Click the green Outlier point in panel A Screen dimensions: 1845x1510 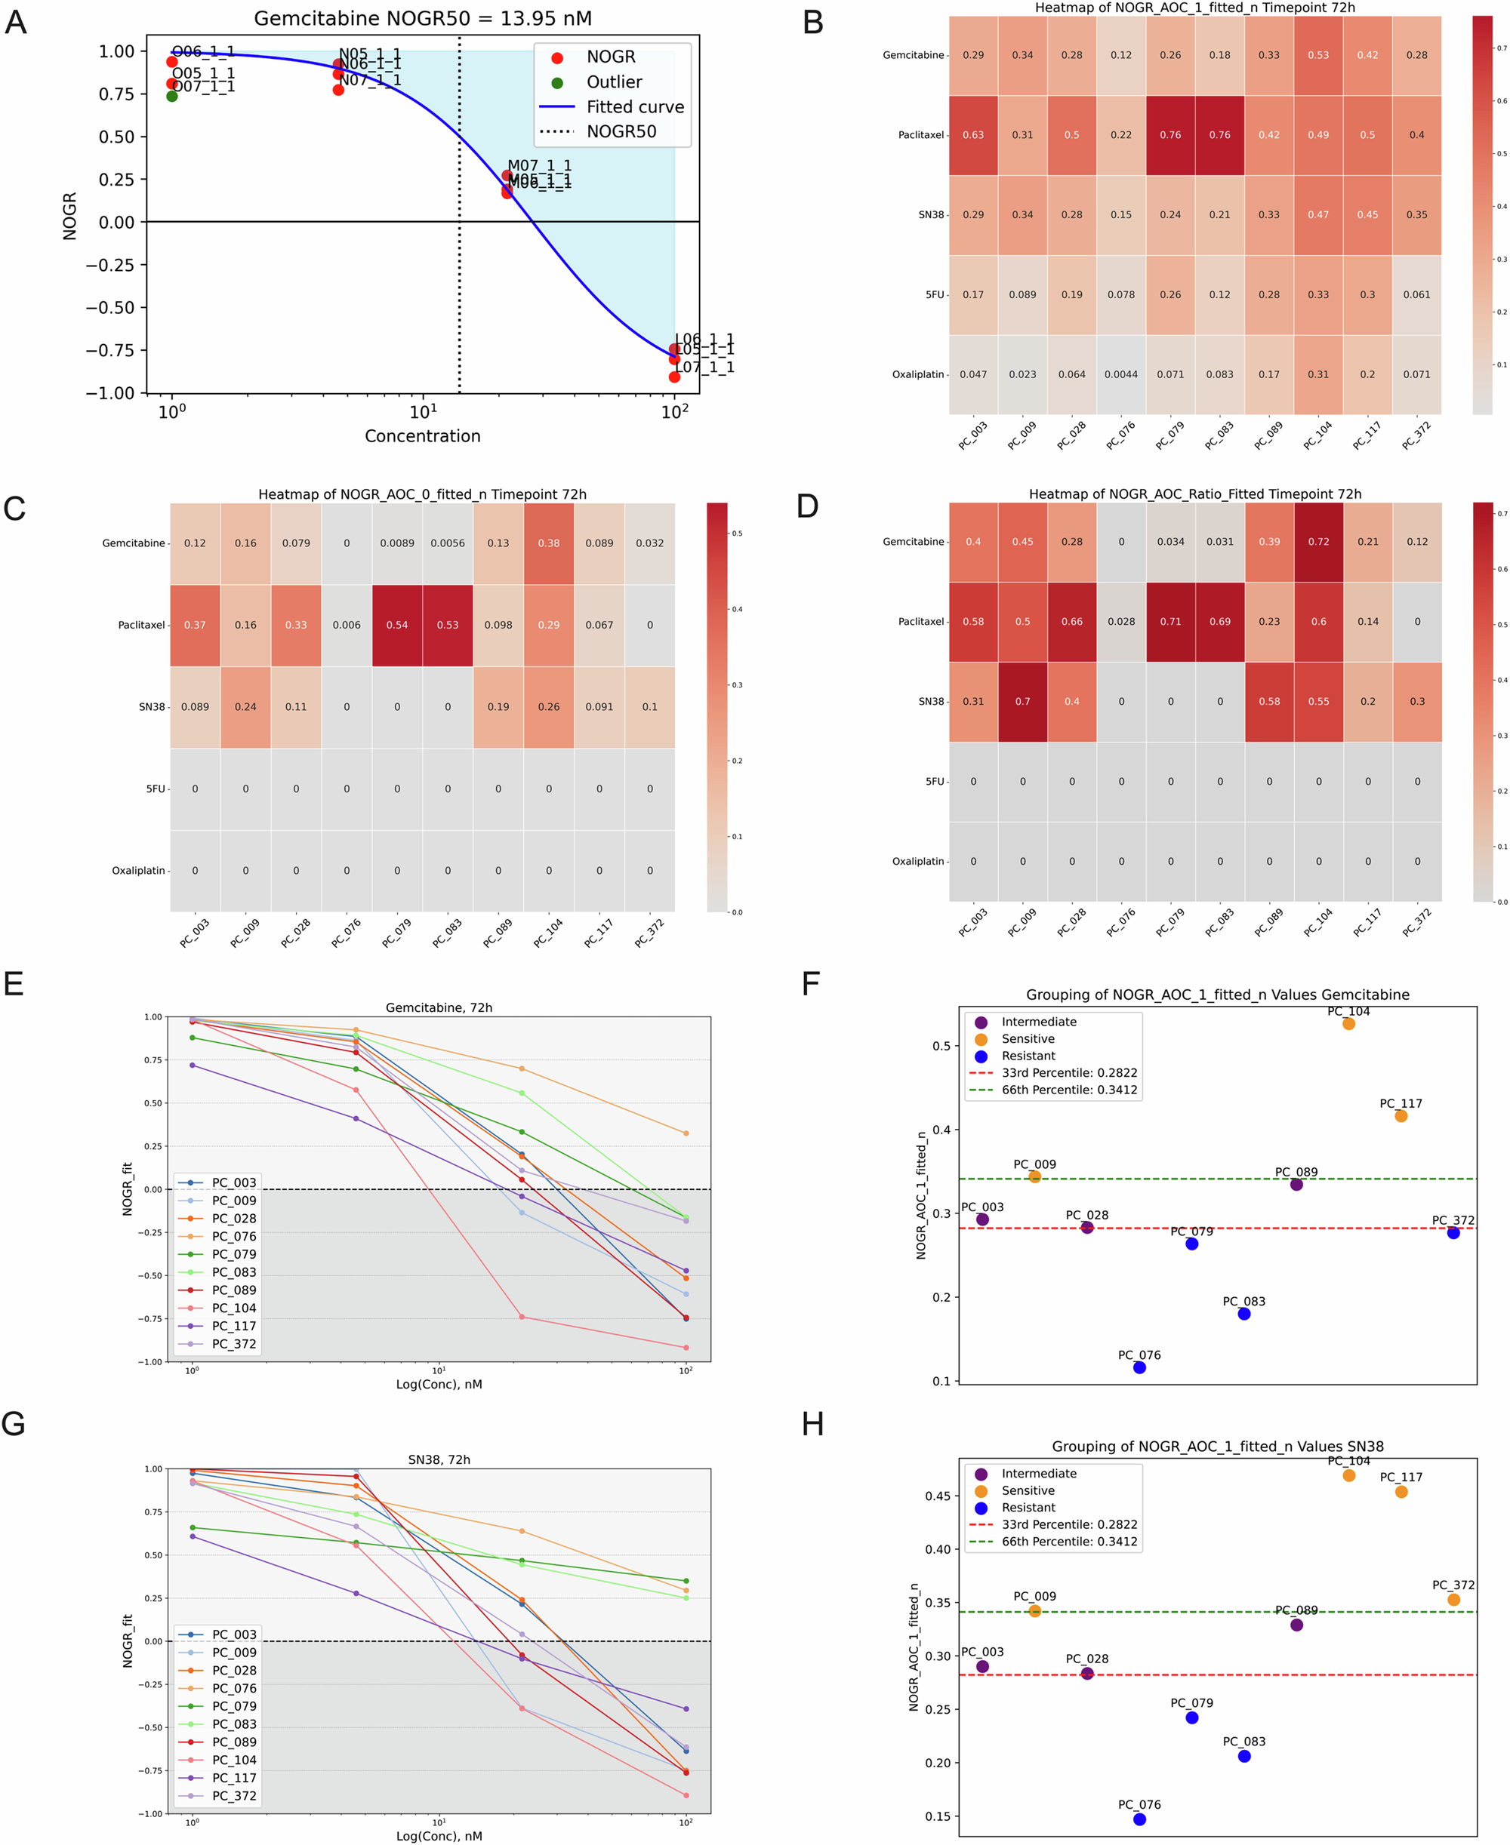point(172,96)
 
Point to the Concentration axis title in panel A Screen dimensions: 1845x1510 point(422,435)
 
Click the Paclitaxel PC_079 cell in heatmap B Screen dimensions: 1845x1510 point(1170,135)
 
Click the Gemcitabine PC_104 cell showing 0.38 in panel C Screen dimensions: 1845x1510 point(548,543)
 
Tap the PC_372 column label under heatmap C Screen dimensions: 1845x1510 point(649,932)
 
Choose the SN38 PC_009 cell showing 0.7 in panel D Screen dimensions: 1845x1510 point(1022,701)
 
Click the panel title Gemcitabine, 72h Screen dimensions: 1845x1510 point(439,1007)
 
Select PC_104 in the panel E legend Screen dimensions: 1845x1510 point(233,1308)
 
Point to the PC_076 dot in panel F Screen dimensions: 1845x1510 point(1139,1367)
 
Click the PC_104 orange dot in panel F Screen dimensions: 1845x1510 point(1348,1023)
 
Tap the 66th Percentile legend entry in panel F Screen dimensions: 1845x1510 point(1068,1090)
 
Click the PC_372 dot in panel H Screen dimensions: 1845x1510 point(1453,1600)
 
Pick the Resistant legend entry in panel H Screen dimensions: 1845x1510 point(1028,1507)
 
